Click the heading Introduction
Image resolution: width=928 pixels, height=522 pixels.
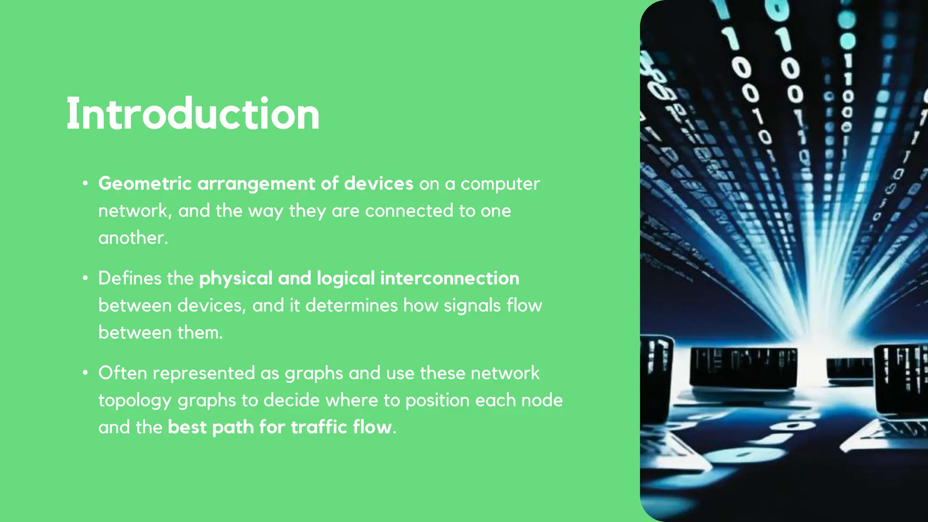click(x=193, y=114)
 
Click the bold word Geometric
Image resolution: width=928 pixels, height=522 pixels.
click(x=145, y=184)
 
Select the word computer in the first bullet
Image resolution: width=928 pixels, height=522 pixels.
click(x=500, y=184)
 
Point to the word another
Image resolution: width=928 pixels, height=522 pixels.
click(x=133, y=238)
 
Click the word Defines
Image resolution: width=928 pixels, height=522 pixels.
click(x=129, y=278)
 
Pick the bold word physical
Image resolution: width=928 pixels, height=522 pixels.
click(x=236, y=279)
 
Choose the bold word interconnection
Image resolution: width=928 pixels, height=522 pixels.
click(x=449, y=278)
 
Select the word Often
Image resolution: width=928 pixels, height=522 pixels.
click(x=122, y=373)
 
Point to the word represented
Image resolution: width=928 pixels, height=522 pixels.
click(x=203, y=373)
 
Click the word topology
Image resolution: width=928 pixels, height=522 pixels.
click(x=135, y=401)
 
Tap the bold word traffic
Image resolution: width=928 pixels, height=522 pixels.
click(x=319, y=427)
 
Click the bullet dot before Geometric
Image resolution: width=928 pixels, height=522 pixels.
click(x=85, y=184)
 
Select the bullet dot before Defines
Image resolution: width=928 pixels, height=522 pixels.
click(x=85, y=278)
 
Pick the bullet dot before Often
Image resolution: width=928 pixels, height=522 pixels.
click(x=85, y=373)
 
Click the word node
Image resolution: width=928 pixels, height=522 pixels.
click(x=542, y=401)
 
